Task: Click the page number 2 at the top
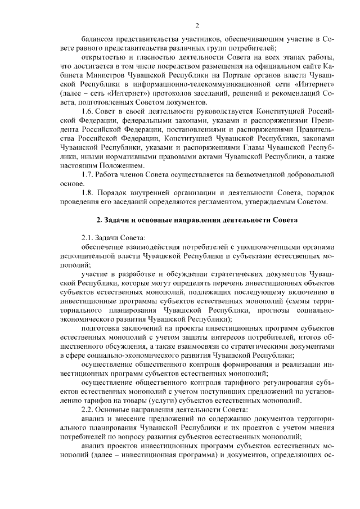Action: point(197,25)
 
